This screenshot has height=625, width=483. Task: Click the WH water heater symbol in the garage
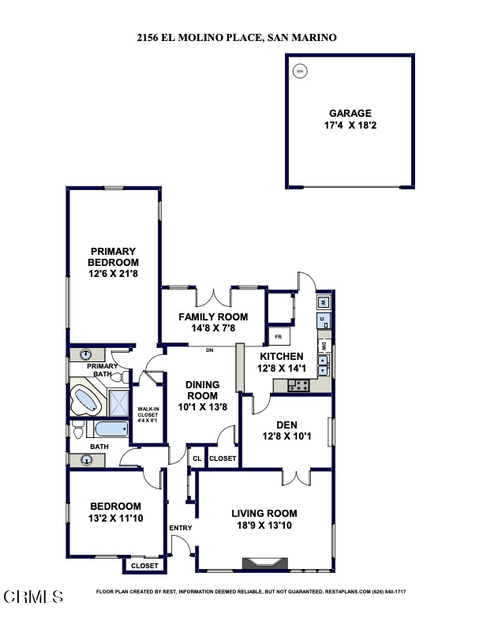(x=299, y=72)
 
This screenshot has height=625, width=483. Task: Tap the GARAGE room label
(x=350, y=114)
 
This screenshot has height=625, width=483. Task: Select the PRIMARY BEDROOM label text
(x=113, y=257)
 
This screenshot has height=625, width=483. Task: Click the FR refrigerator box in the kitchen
(x=278, y=336)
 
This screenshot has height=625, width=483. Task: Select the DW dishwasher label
(x=324, y=346)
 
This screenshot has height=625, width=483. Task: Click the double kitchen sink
(x=324, y=365)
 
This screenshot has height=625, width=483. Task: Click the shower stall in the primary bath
(x=119, y=402)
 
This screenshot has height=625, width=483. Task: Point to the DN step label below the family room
(x=210, y=350)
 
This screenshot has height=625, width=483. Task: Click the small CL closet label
(x=197, y=458)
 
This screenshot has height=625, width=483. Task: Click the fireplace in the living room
(x=262, y=563)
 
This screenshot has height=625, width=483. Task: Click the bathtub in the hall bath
(x=109, y=430)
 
